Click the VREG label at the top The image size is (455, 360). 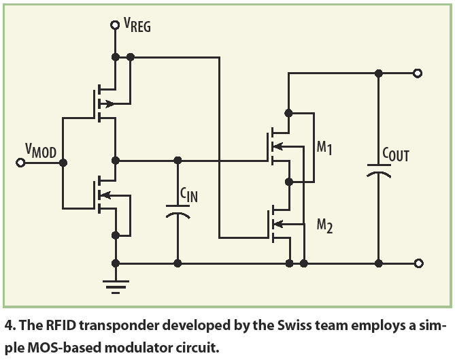pos(137,27)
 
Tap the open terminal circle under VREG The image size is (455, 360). pos(115,26)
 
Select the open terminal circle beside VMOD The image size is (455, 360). pos(21,163)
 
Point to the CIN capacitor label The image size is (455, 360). pos(188,196)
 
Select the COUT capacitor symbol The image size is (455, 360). pos(378,169)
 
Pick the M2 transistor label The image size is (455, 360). pos(324,225)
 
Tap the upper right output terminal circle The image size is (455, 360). pos(418,73)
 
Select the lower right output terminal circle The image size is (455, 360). pos(418,263)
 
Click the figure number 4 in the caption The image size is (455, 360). pos(7,324)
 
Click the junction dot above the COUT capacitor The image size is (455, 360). pos(378,73)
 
